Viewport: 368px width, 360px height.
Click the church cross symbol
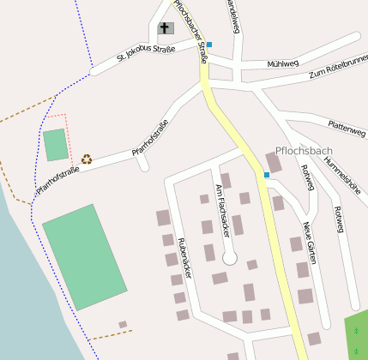[x=164, y=28]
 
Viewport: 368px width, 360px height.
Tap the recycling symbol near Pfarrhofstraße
[x=87, y=159]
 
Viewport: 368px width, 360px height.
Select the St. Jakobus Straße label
[x=146, y=53]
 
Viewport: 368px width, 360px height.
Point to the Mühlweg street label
[x=282, y=63]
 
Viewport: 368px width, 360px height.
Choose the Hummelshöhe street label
[x=351, y=183]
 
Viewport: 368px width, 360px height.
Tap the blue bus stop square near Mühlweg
[x=208, y=45]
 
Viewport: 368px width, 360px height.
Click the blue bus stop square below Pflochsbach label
[x=267, y=175]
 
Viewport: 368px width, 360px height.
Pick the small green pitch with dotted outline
[x=56, y=144]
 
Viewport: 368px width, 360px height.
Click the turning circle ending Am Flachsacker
[x=229, y=257]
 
